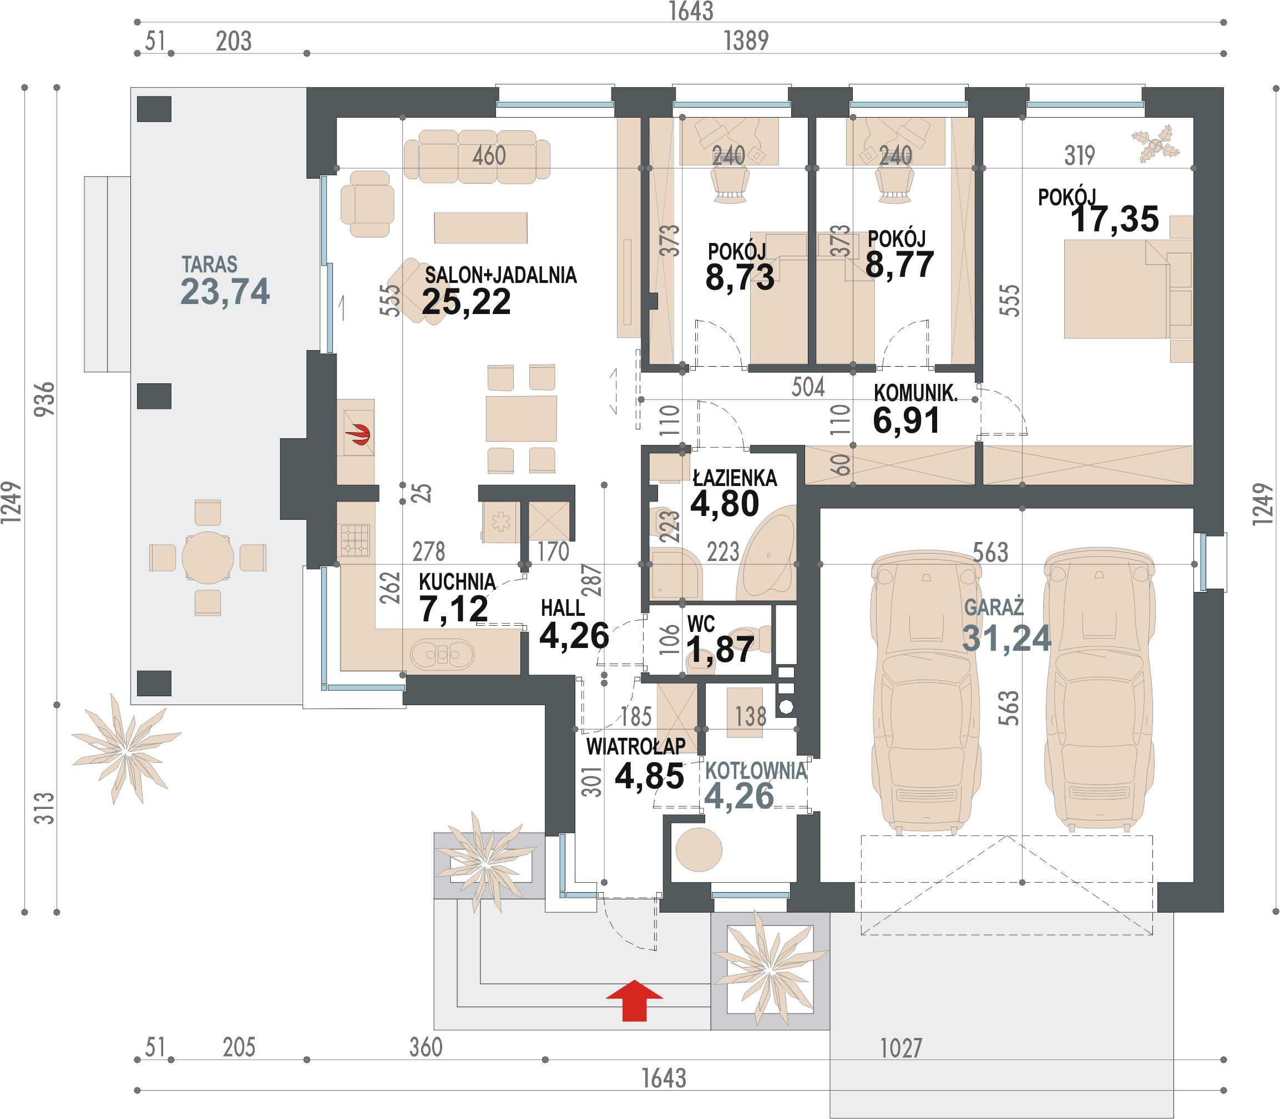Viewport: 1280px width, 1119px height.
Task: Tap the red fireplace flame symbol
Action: pyautogui.click(x=360, y=434)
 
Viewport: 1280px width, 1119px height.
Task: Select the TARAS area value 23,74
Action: pyautogui.click(x=225, y=292)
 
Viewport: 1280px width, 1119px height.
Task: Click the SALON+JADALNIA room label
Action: pyautogui.click(x=501, y=275)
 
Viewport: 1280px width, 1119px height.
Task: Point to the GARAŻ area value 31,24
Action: pyautogui.click(x=1006, y=637)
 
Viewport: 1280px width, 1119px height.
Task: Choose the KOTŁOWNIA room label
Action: pyautogui.click(x=756, y=771)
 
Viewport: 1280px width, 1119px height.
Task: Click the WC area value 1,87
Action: pyautogui.click(x=720, y=650)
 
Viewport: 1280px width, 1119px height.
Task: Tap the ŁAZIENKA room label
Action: pyautogui.click(x=735, y=478)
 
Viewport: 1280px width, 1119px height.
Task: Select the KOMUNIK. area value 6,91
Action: pyautogui.click(x=906, y=421)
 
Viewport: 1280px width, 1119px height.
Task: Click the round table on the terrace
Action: pyautogui.click(x=208, y=558)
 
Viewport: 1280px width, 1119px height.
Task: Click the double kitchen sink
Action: pyautogui.click(x=442, y=655)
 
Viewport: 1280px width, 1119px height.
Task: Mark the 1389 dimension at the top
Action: pyautogui.click(x=746, y=41)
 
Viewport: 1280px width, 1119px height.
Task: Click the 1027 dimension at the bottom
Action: pyautogui.click(x=900, y=1049)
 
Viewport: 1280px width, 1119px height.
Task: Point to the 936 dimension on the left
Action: pyautogui.click(x=44, y=399)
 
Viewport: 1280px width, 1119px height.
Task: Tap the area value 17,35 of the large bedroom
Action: pyautogui.click(x=1115, y=219)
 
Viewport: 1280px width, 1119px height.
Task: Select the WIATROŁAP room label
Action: pyautogui.click(x=636, y=746)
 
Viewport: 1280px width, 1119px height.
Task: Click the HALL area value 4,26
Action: pyautogui.click(x=574, y=636)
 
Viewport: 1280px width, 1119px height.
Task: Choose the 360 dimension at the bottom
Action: pyautogui.click(x=426, y=1047)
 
